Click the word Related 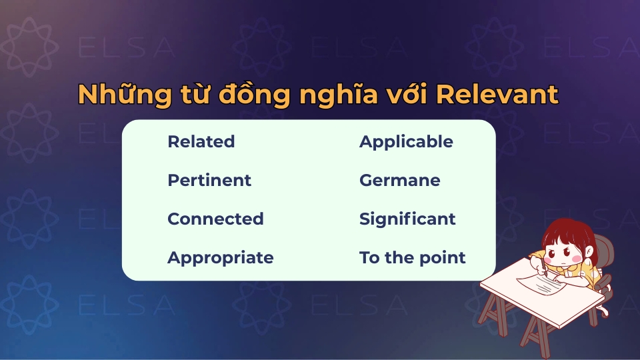[201, 142]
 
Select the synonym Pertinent [209, 181]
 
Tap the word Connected [215, 219]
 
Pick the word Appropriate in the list [220, 258]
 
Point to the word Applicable [405, 142]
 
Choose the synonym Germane [399, 181]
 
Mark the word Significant [407, 219]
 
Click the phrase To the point [412, 258]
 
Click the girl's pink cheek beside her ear [579, 258]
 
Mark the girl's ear [586, 253]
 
